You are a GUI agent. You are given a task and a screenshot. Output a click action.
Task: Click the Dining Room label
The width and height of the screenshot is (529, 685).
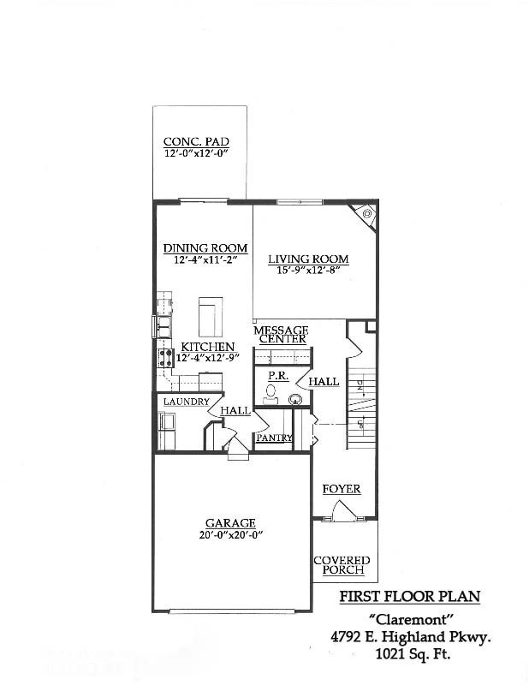point(205,248)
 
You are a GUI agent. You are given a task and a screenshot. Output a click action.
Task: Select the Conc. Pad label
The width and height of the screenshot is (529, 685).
point(196,142)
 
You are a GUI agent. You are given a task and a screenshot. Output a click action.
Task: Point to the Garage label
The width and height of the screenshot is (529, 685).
point(230,523)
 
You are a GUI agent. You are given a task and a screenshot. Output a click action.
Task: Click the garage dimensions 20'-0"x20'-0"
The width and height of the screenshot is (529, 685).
point(230,535)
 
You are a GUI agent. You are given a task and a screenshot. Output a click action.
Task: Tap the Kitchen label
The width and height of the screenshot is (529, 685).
point(207,346)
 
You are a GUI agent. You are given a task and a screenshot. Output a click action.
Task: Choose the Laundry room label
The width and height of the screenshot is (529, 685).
point(187,402)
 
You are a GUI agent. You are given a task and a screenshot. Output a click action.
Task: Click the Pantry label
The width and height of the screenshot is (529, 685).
point(274,438)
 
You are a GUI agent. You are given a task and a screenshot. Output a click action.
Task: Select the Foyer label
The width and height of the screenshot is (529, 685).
point(341,489)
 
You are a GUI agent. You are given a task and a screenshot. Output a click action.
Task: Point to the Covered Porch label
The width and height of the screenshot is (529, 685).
point(341,565)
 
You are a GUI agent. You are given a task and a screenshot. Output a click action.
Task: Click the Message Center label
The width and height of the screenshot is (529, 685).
point(281,334)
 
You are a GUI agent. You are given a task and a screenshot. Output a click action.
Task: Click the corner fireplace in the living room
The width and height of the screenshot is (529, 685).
point(366,213)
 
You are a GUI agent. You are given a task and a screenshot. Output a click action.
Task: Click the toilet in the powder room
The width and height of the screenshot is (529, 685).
point(271,393)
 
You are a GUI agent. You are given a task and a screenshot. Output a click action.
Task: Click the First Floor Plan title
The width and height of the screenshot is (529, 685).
point(409,597)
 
